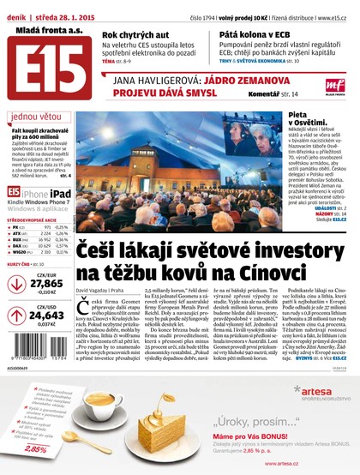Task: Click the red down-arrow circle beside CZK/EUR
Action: pos(15,285)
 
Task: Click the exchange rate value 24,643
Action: pos(46,316)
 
